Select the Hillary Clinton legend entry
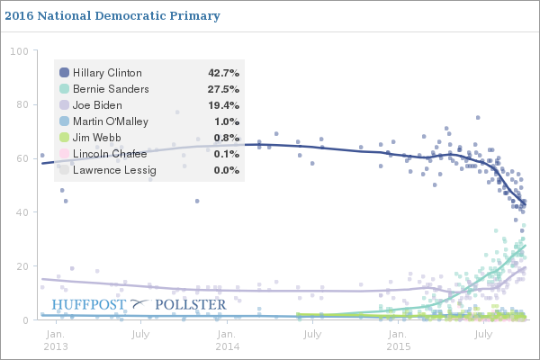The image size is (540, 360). [107, 72]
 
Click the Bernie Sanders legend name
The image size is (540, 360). [111, 88]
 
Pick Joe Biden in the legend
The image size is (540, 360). [98, 104]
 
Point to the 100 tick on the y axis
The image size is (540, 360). [18, 50]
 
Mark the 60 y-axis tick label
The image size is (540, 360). [21, 158]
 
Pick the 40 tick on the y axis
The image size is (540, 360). [21, 212]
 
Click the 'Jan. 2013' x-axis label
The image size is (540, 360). [55, 339]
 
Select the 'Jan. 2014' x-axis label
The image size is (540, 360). [227, 339]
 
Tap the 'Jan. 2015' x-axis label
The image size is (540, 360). [400, 339]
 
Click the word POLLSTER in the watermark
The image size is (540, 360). [191, 305]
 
